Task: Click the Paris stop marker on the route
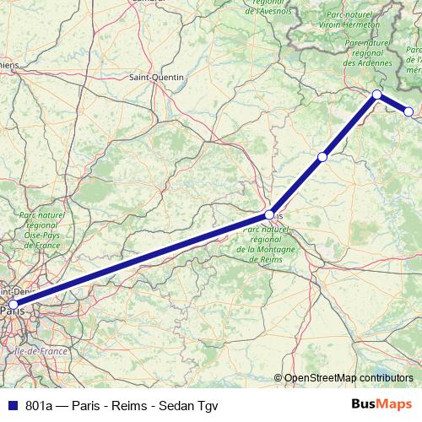point(13,304)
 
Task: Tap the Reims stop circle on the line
point(268,214)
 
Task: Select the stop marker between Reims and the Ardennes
point(322,157)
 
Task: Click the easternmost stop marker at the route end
point(409,111)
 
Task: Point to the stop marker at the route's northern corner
point(376,94)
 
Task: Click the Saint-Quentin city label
point(156,77)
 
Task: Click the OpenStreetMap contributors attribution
point(348,378)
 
